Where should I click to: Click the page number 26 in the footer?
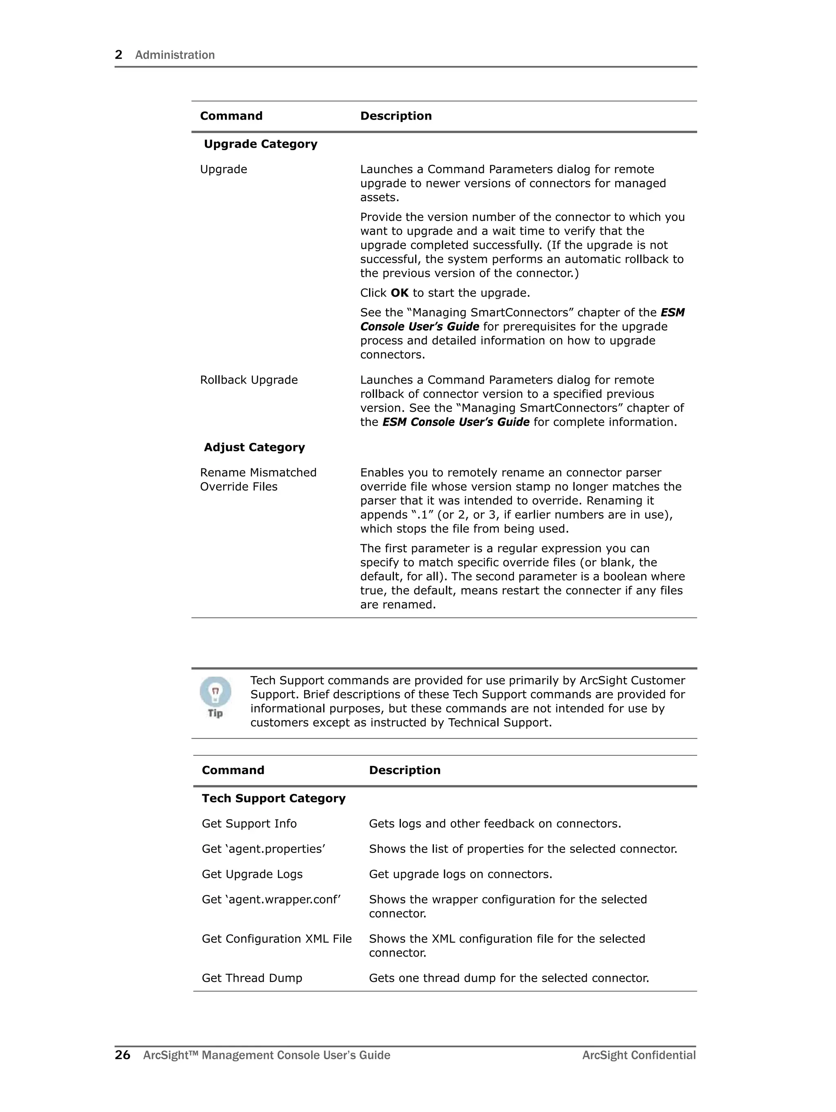[122, 1055]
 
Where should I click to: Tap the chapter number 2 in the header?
[119, 55]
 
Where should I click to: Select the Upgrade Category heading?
[260, 144]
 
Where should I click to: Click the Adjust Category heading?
[254, 447]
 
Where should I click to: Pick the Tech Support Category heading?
[273, 798]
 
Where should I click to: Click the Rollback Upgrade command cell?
[249, 380]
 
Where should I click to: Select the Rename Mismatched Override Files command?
[258, 479]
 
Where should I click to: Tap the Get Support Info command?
[249, 823]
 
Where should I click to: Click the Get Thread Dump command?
[251, 978]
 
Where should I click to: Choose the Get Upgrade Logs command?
[252, 874]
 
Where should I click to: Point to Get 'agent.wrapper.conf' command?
[271, 899]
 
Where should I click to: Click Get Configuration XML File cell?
[276, 939]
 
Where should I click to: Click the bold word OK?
[399, 293]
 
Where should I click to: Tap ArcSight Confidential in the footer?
[639, 1055]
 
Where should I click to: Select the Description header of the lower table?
[405, 770]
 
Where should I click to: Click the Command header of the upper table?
[231, 116]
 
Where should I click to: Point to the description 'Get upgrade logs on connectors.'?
[460, 874]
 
